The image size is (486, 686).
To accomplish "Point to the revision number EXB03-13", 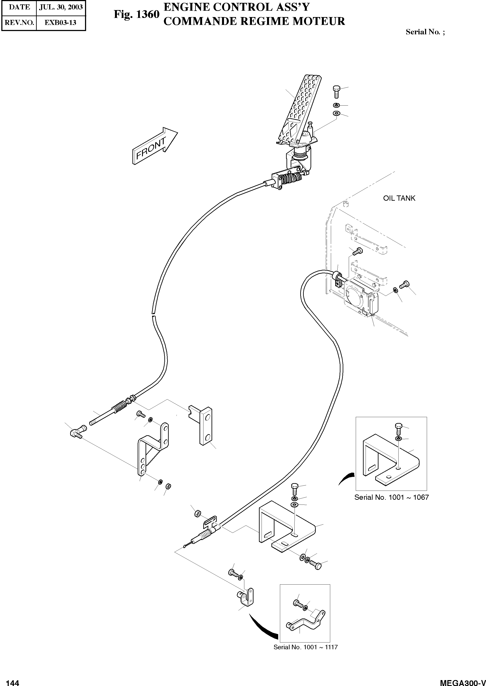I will point(61,23).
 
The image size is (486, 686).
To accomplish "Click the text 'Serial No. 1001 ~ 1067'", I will point(391,497).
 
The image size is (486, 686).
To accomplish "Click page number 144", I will point(13,683).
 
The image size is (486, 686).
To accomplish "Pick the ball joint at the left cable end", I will point(76,433).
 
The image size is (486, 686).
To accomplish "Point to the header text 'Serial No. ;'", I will point(425,32).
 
